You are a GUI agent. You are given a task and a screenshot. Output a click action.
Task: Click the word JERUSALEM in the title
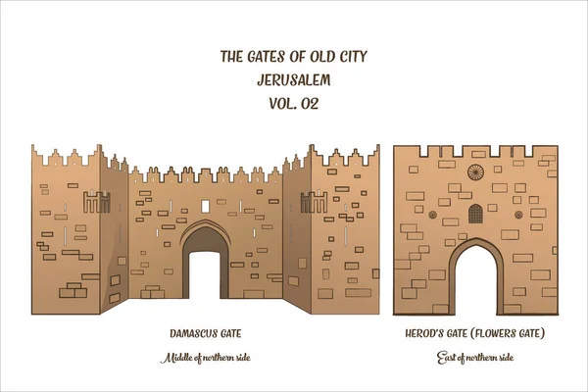[x=293, y=78]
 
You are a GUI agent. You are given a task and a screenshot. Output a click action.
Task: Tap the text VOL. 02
[x=293, y=102]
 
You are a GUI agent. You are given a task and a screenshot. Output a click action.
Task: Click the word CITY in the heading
[x=354, y=56]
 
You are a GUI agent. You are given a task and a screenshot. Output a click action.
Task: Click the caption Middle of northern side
[x=205, y=359]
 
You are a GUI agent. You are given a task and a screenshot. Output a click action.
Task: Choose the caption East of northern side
[x=475, y=359]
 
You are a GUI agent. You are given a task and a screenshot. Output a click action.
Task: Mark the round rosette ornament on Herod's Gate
[x=475, y=173]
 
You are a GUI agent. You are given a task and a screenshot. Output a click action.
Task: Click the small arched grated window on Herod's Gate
[x=475, y=213]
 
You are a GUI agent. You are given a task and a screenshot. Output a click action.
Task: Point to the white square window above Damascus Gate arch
[x=205, y=206]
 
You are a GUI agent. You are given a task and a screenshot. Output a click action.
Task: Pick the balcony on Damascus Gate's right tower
[x=313, y=203]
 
